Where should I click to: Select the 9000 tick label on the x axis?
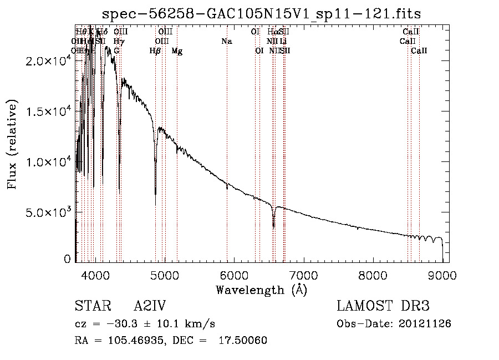[442, 275]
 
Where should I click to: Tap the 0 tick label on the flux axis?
[68, 259]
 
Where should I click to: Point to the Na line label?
[226, 42]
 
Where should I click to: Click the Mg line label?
[177, 51]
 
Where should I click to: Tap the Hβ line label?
[155, 51]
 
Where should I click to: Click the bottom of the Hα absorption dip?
[273, 226]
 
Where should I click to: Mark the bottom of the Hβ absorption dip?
[155, 194]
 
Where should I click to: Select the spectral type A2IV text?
[150, 306]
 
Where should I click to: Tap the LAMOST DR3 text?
[383, 306]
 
